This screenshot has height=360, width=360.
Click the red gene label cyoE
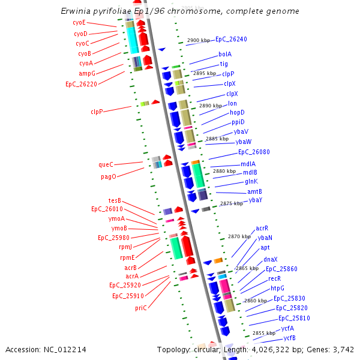click(x=79, y=22)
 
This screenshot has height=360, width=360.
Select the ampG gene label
click(x=87, y=73)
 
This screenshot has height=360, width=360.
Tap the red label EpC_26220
click(x=81, y=85)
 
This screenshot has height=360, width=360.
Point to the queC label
click(x=106, y=164)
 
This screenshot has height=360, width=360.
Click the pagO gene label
click(x=108, y=177)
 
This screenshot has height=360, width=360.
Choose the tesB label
click(x=115, y=200)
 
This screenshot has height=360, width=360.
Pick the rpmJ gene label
click(x=125, y=247)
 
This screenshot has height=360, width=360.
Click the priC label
click(x=140, y=308)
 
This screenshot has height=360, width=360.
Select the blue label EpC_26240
click(x=231, y=39)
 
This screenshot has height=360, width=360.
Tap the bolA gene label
click(x=225, y=54)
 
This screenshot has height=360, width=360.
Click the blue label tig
click(x=224, y=64)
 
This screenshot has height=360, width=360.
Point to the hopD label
click(x=237, y=112)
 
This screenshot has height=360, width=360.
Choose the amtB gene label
click(x=254, y=191)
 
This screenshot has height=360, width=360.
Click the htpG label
click(x=277, y=289)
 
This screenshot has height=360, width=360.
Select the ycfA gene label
click(x=287, y=328)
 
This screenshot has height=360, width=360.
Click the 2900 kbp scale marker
click(x=199, y=40)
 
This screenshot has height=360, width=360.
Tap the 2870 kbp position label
click(x=239, y=236)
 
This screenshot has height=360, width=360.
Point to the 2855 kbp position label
click(x=263, y=332)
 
